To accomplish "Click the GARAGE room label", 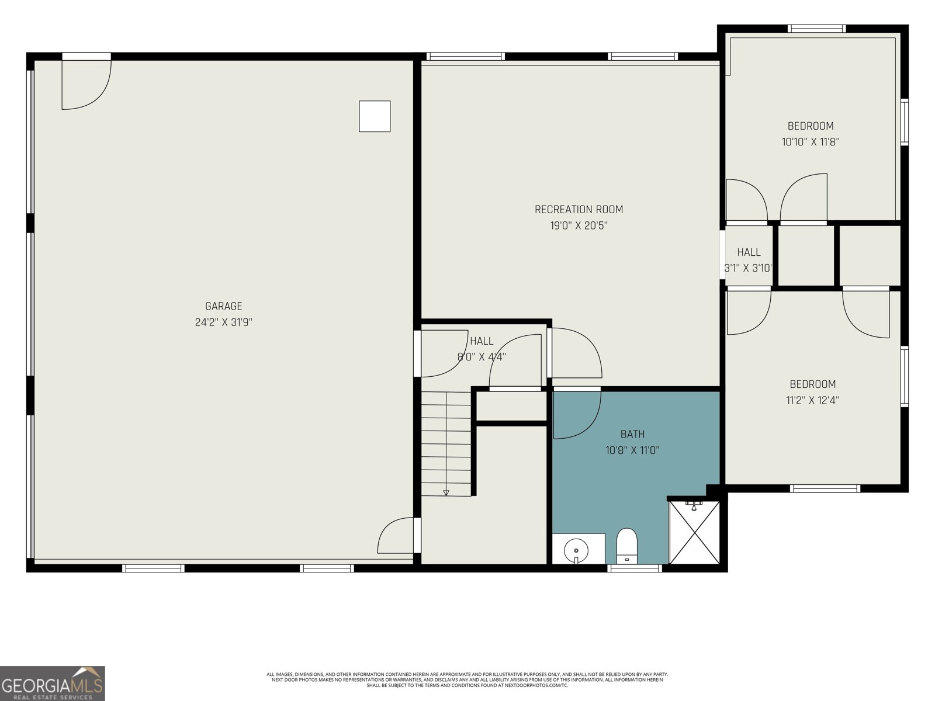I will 223,306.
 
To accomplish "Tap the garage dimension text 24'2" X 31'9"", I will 223,322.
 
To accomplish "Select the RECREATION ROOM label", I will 579,209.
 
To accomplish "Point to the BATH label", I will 632,434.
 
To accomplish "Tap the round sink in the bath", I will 576,550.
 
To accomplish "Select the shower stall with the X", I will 694,532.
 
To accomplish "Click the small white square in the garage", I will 375,116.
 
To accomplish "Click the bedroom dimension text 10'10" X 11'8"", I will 810,141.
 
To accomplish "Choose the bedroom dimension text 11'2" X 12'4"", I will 812,400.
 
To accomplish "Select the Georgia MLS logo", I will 53,683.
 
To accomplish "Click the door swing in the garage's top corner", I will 85,84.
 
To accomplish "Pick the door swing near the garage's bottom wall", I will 397,536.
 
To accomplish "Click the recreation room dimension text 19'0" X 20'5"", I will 579,225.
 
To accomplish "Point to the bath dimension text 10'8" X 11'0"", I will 632,450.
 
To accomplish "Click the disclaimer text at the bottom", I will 467,679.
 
